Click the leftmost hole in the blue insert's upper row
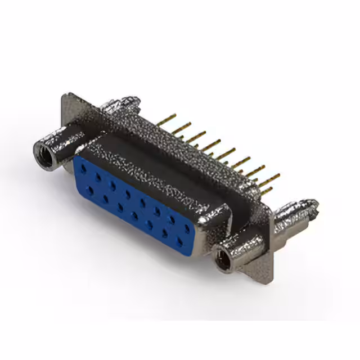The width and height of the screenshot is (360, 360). pyautogui.click(x=83, y=167)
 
